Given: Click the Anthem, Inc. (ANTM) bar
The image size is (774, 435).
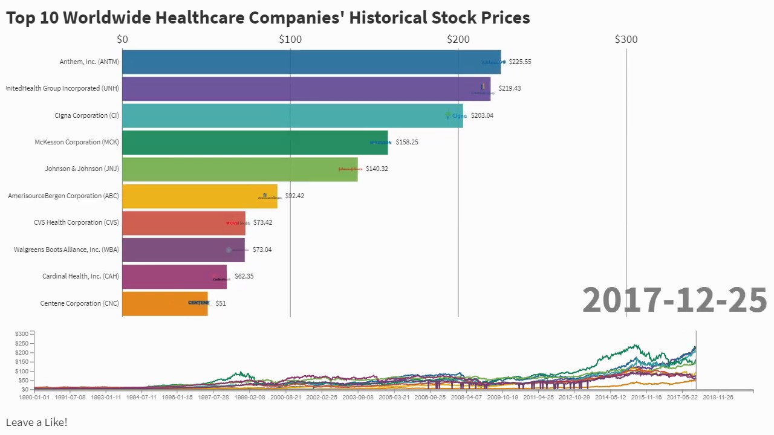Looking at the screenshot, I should coord(302,62).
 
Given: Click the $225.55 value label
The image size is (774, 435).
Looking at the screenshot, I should coord(520,62).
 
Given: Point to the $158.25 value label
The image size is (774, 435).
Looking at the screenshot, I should coord(407,142).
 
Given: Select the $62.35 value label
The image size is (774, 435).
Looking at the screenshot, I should coord(244,276).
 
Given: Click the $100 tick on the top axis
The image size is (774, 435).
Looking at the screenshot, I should coord(290,39).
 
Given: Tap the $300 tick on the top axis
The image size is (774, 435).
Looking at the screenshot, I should coord(626,39).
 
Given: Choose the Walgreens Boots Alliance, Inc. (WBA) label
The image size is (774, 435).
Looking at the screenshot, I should coord(67,250).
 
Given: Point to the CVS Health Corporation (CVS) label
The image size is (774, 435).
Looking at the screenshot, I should coord(76,222).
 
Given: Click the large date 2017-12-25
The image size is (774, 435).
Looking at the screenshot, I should coord(674,300).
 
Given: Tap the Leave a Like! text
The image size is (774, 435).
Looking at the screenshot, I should coord(36,422).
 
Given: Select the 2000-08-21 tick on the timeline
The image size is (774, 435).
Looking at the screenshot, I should coord(285,398).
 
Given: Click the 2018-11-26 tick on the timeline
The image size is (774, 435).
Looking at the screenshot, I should coord(717,398).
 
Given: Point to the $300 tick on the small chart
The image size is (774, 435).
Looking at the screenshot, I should coord(22,333).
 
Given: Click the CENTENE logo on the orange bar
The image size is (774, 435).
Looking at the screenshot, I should coord(198,303).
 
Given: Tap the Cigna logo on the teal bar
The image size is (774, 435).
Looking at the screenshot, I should coord(457,115).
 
